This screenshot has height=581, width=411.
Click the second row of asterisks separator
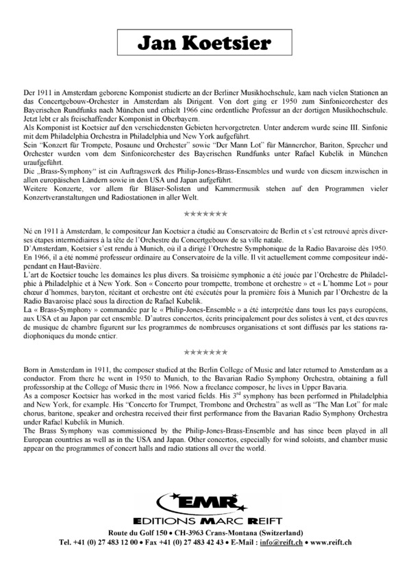(206, 352)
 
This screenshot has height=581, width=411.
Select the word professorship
(45, 393)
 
